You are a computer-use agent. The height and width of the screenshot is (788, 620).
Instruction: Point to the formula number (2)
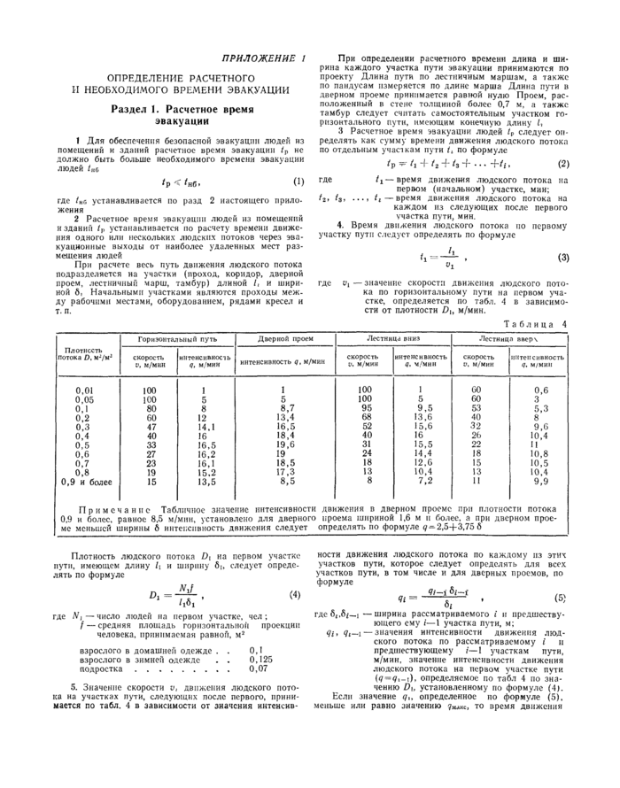pyautogui.click(x=563, y=165)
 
